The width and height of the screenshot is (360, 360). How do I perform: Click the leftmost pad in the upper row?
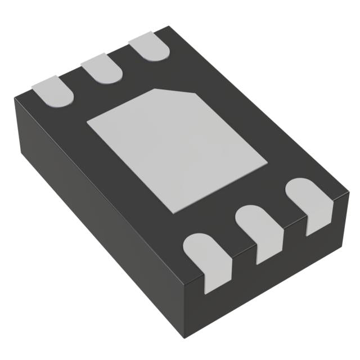[53, 91]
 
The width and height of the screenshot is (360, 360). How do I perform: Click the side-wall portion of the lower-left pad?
[215, 278]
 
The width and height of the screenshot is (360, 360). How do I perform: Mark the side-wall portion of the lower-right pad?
[317, 222]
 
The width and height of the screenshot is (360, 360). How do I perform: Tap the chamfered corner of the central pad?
[174, 92]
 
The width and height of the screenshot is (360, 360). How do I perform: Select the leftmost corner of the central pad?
[86, 121]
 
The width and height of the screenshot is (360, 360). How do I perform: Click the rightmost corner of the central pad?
[267, 164]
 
